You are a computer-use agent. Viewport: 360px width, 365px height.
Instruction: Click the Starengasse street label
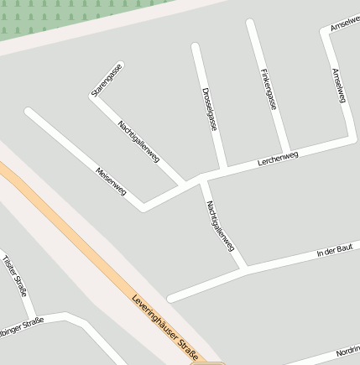[x=107, y=80]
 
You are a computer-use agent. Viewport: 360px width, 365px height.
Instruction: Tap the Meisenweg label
[x=111, y=182]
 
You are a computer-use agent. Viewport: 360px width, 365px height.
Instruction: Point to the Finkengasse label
[x=269, y=89]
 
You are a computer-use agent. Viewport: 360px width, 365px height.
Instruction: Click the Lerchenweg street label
[x=278, y=157]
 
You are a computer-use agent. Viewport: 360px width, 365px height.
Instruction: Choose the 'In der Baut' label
[x=333, y=251]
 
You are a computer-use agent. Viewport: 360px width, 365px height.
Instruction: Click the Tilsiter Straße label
[x=15, y=276]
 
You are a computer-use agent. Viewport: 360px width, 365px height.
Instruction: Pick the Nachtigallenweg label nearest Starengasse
[x=138, y=142]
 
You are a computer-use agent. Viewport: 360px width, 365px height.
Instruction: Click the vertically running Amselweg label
[x=338, y=87]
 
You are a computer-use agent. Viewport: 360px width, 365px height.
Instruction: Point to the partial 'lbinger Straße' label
[x=21, y=324]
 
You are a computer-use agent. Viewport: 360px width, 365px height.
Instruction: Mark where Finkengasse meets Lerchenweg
[x=288, y=154]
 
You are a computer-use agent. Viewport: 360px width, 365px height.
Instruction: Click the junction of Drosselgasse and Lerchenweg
[x=225, y=169]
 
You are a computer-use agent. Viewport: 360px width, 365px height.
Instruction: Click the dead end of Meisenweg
[x=29, y=111]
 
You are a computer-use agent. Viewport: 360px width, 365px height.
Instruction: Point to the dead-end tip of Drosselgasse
[x=196, y=46]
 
